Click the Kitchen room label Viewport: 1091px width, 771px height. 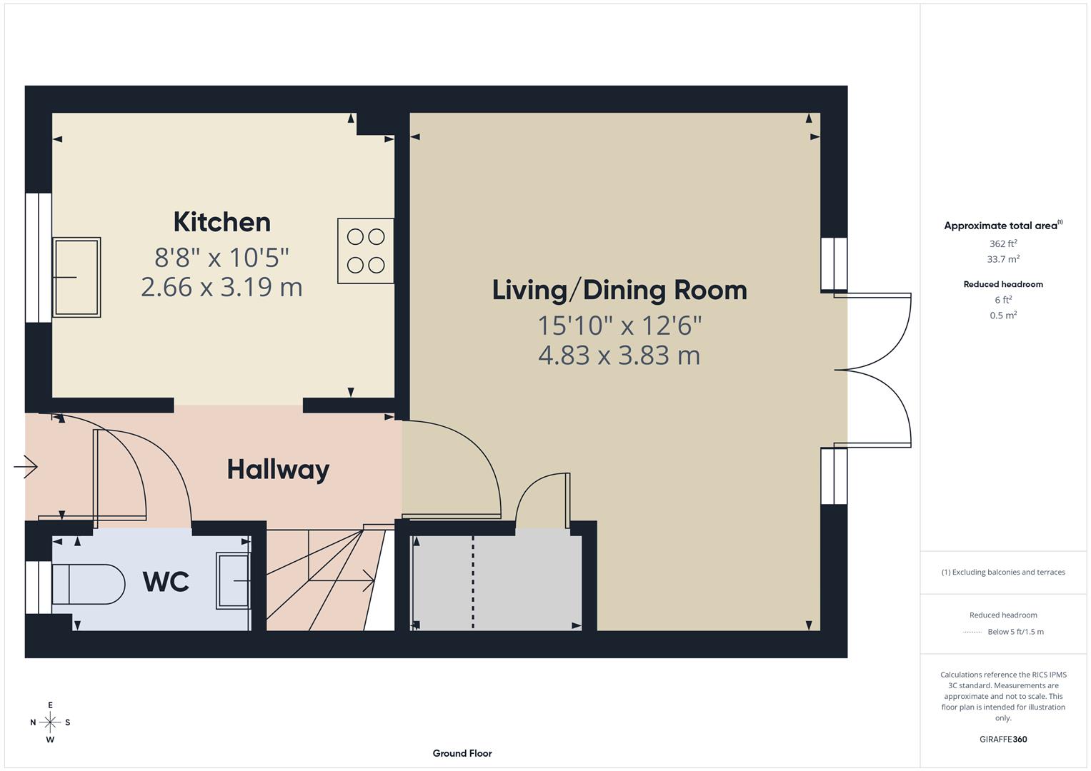221,222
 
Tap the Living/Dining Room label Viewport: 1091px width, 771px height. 619,290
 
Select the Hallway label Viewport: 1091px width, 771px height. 278,469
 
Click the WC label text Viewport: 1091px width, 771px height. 166,581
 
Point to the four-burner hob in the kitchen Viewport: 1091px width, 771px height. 366,251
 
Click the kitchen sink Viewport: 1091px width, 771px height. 76,277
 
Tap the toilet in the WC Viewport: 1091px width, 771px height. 88,584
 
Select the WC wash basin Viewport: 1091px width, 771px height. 233,581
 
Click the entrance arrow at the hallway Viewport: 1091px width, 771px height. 26,467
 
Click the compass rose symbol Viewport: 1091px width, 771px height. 50,722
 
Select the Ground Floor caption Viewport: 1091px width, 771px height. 462,753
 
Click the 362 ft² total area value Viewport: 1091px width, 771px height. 1003,243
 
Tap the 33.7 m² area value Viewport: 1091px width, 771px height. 1003,259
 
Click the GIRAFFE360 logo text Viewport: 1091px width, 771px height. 1003,739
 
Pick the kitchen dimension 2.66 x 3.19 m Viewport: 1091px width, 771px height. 221,287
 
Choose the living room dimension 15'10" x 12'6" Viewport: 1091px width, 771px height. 619,326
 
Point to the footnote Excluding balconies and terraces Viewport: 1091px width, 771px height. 1003,572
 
